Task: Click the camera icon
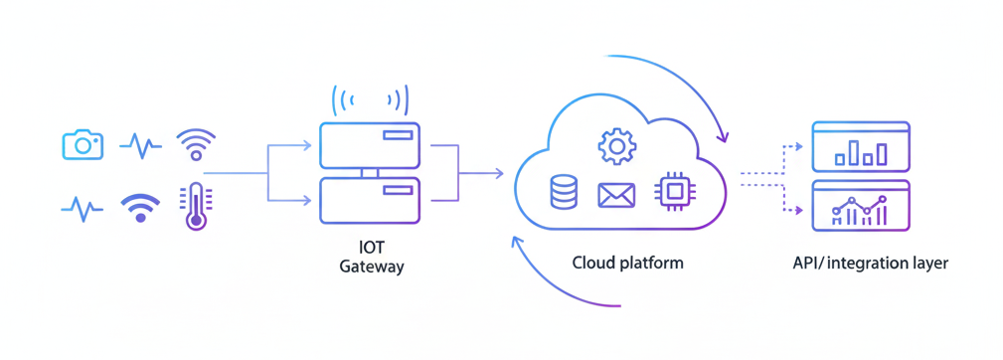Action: [x=83, y=144]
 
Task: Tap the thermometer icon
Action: [x=196, y=207]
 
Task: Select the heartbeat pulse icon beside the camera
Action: [x=140, y=146]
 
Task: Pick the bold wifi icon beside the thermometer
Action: [x=140, y=207]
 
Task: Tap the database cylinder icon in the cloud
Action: [x=564, y=192]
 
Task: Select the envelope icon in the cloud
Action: [x=616, y=195]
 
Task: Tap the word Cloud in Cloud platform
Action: [x=593, y=264]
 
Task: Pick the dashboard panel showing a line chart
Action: [x=861, y=205]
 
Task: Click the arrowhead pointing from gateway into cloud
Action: [x=500, y=174]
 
